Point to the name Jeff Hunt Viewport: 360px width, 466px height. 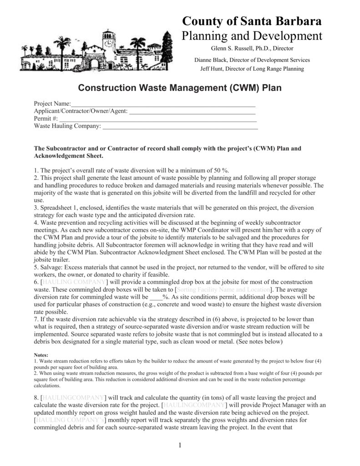tap(213, 69)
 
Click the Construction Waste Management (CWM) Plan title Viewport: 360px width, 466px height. tap(180, 87)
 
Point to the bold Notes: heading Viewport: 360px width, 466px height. tap(42, 355)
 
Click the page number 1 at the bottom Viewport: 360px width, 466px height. tap(180, 445)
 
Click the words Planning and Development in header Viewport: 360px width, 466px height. tap(252, 35)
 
